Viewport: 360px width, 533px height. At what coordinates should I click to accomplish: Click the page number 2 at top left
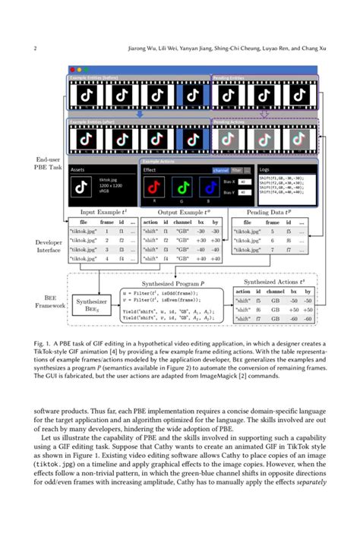[x=36, y=49]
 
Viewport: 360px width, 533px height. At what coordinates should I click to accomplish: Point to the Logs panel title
[x=264, y=171]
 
